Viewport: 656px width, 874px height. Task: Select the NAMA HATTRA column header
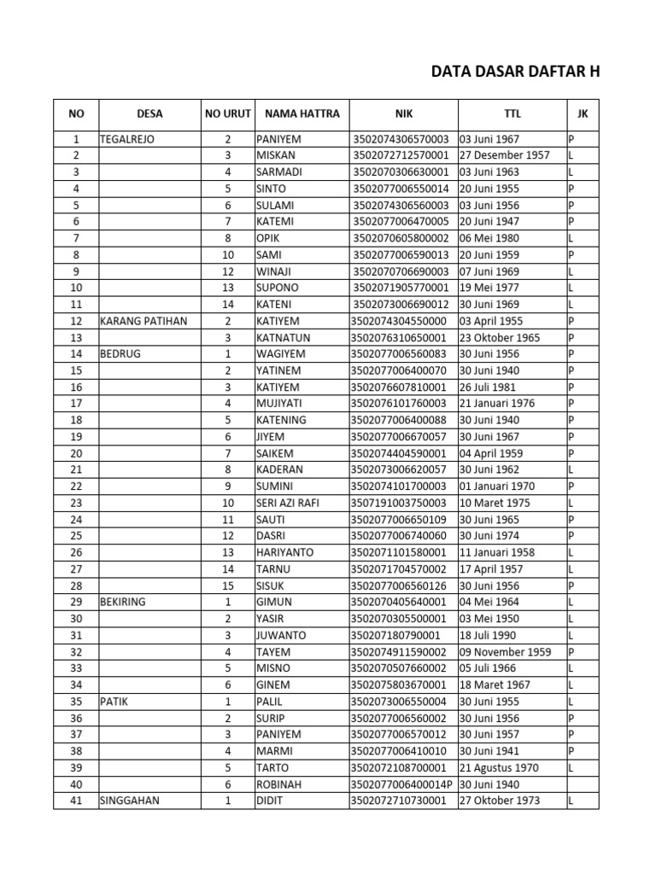tap(302, 114)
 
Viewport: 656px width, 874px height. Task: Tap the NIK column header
tap(403, 114)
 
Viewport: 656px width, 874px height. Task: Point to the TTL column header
tap(512, 114)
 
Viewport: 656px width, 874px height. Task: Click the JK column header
tap(583, 114)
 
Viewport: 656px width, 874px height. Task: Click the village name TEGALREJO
tap(127, 139)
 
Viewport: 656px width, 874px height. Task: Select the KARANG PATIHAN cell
tap(143, 321)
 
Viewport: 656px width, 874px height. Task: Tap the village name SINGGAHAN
tap(130, 801)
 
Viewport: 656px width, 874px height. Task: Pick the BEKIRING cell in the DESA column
tap(123, 602)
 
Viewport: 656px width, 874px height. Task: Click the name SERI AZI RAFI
tap(287, 503)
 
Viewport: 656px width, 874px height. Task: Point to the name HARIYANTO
tap(284, 552)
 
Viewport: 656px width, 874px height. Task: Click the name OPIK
tap(269, 238)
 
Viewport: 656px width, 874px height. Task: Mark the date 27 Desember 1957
tap(504, 155)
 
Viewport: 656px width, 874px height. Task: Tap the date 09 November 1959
tap(504, 652)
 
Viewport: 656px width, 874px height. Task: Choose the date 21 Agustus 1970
tap(499, 768)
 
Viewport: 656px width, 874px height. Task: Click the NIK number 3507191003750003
tap(398, 503)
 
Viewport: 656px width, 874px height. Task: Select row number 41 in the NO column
tap(76, 801)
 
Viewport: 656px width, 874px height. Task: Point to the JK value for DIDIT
tap(571, 801)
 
